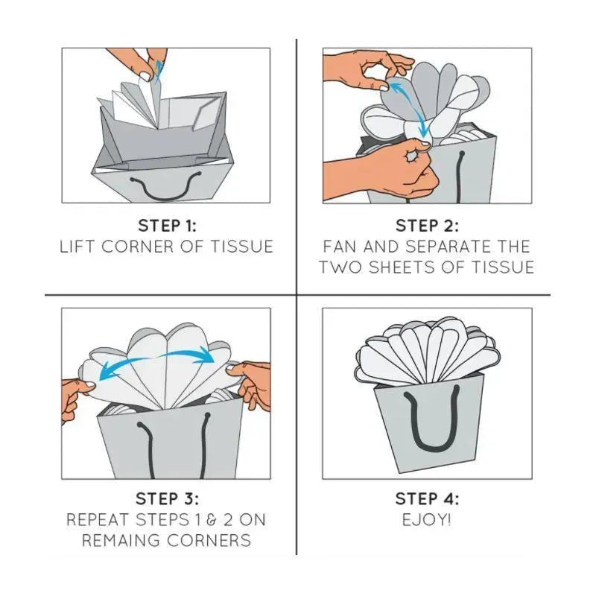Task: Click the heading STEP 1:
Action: (x=167, y=226)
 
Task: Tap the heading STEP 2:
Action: (x=427, y=226)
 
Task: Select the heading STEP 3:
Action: (x=167, y=498)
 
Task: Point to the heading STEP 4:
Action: (x=427, y=498)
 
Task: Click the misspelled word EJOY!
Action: (x=427, y=520)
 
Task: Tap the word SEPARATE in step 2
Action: (x=448, y=247)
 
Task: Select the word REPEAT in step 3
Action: (x=97, y=520)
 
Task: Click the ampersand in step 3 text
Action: (x=212, y=520)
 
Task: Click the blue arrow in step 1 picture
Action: (x=159, y=72)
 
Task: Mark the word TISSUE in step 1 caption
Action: (x=242, y=247)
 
